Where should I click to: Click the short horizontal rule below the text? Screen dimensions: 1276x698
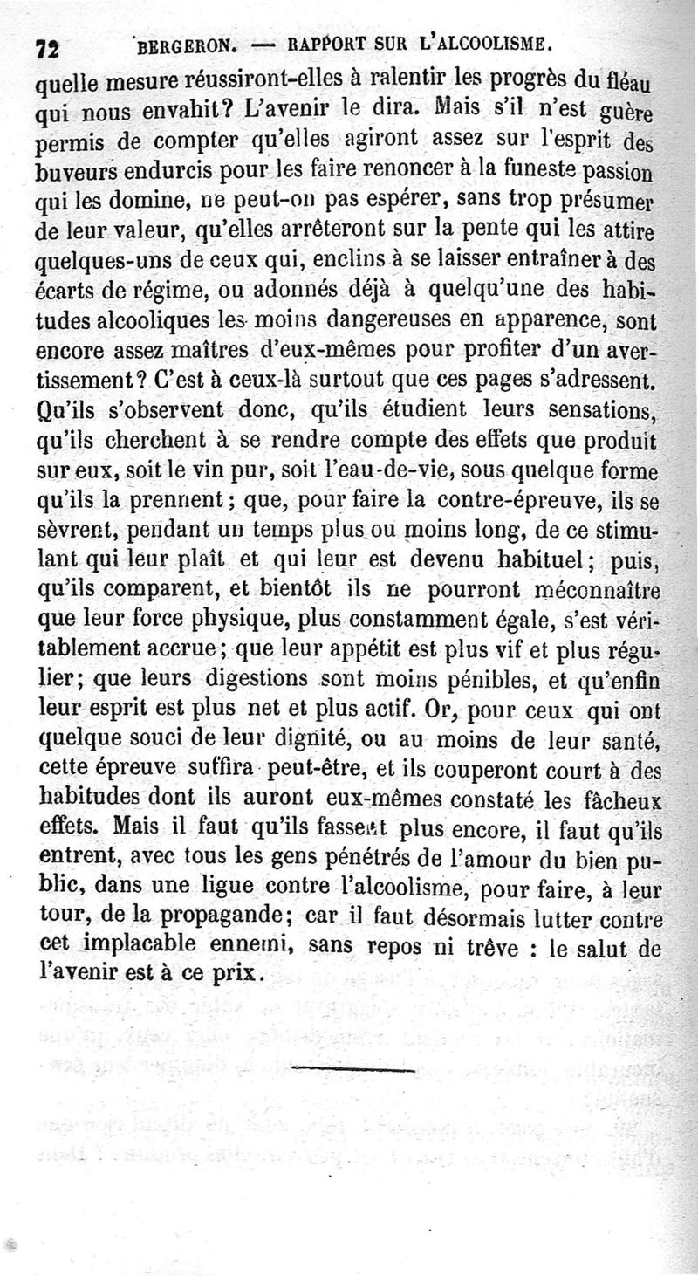click(x=352, y=1069)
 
